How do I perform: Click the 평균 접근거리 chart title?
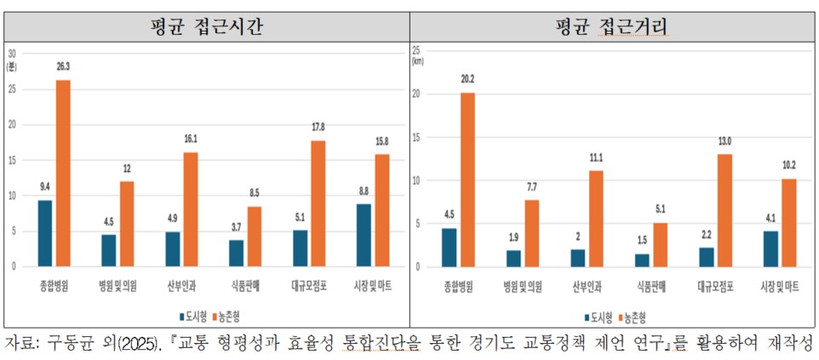[x=607, y=26]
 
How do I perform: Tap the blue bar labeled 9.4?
[x=44, y=232]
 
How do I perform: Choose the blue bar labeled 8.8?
[x=363, y=234]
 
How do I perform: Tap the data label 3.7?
[x=235, y=227]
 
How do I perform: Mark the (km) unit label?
[x=418, y=61]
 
